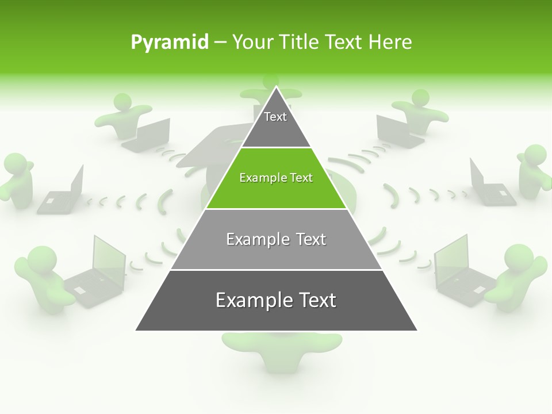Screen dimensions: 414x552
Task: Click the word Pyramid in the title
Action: pyautogui.click(x=169, y=43)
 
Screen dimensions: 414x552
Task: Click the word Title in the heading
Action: pyautogui.click(x=300, y=43)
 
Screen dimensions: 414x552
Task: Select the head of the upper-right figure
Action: pyautogui.click(x=420, y=98)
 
